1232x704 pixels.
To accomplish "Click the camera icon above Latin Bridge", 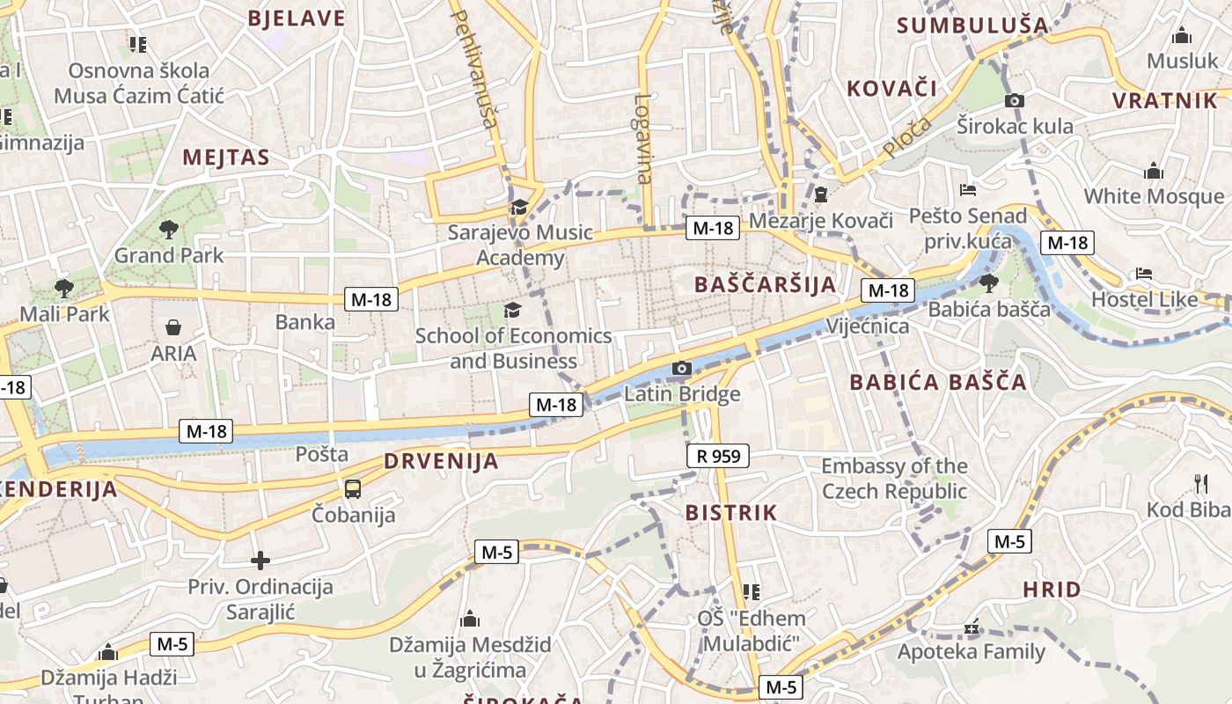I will [681, 369].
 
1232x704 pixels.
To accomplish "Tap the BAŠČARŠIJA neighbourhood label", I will [765, 284].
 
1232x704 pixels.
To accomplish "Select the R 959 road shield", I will [718, 456].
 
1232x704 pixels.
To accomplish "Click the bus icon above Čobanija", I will [353, 488].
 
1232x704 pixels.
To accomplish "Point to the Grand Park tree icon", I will [168, 231].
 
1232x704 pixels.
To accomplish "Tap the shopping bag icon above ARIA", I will [173, 328].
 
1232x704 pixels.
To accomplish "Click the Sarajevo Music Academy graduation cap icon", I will [519, 208].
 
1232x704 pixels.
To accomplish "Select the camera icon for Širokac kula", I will [1015, 101].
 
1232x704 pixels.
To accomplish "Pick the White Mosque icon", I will [1154, 171].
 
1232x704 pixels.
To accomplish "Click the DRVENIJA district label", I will [441, 461].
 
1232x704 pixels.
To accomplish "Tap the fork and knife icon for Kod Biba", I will [1201, 483].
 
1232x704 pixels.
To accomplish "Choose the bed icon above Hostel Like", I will [1144, 274].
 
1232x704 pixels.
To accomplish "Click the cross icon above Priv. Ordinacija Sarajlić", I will [260, 560].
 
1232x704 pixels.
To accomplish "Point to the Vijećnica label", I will [868, 326].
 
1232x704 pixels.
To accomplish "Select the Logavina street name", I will [644, 139].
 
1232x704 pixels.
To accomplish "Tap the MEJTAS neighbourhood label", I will [225, 158].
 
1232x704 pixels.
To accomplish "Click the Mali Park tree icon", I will [63, 288].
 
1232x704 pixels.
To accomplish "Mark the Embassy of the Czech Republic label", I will [894, 479].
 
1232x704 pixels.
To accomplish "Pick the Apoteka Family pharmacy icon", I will [972, 627].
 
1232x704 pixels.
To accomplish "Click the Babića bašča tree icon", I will [989, 282].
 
